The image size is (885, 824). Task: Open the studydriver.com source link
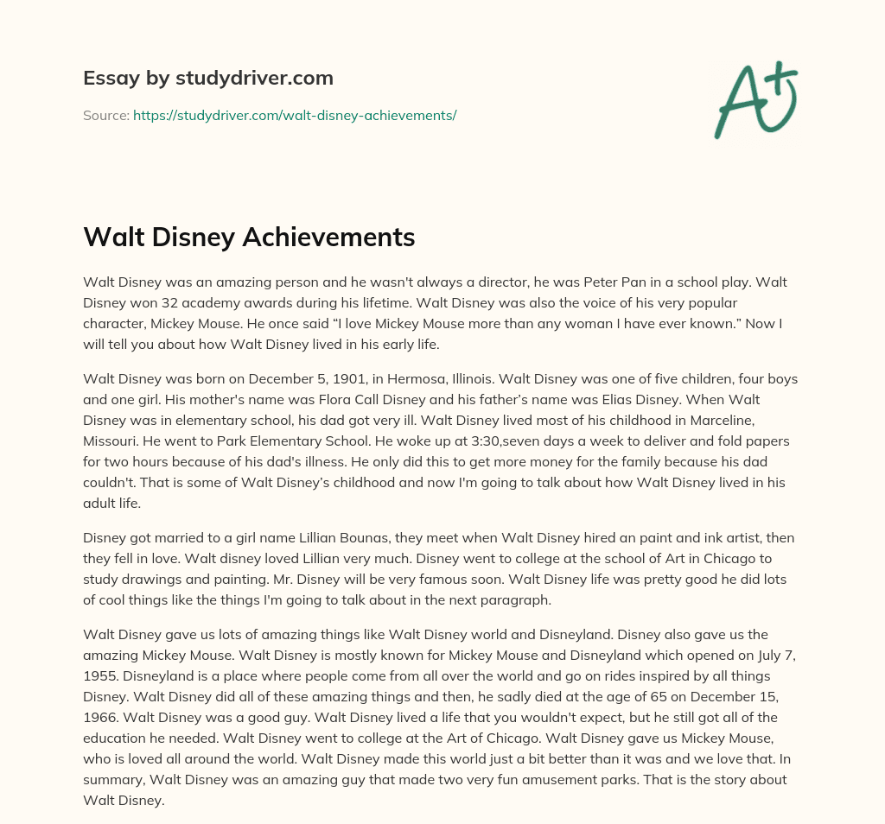tap(294, 115)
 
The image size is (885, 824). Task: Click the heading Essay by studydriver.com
tap(208, 78)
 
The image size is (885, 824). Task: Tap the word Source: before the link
tap(105, 115)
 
